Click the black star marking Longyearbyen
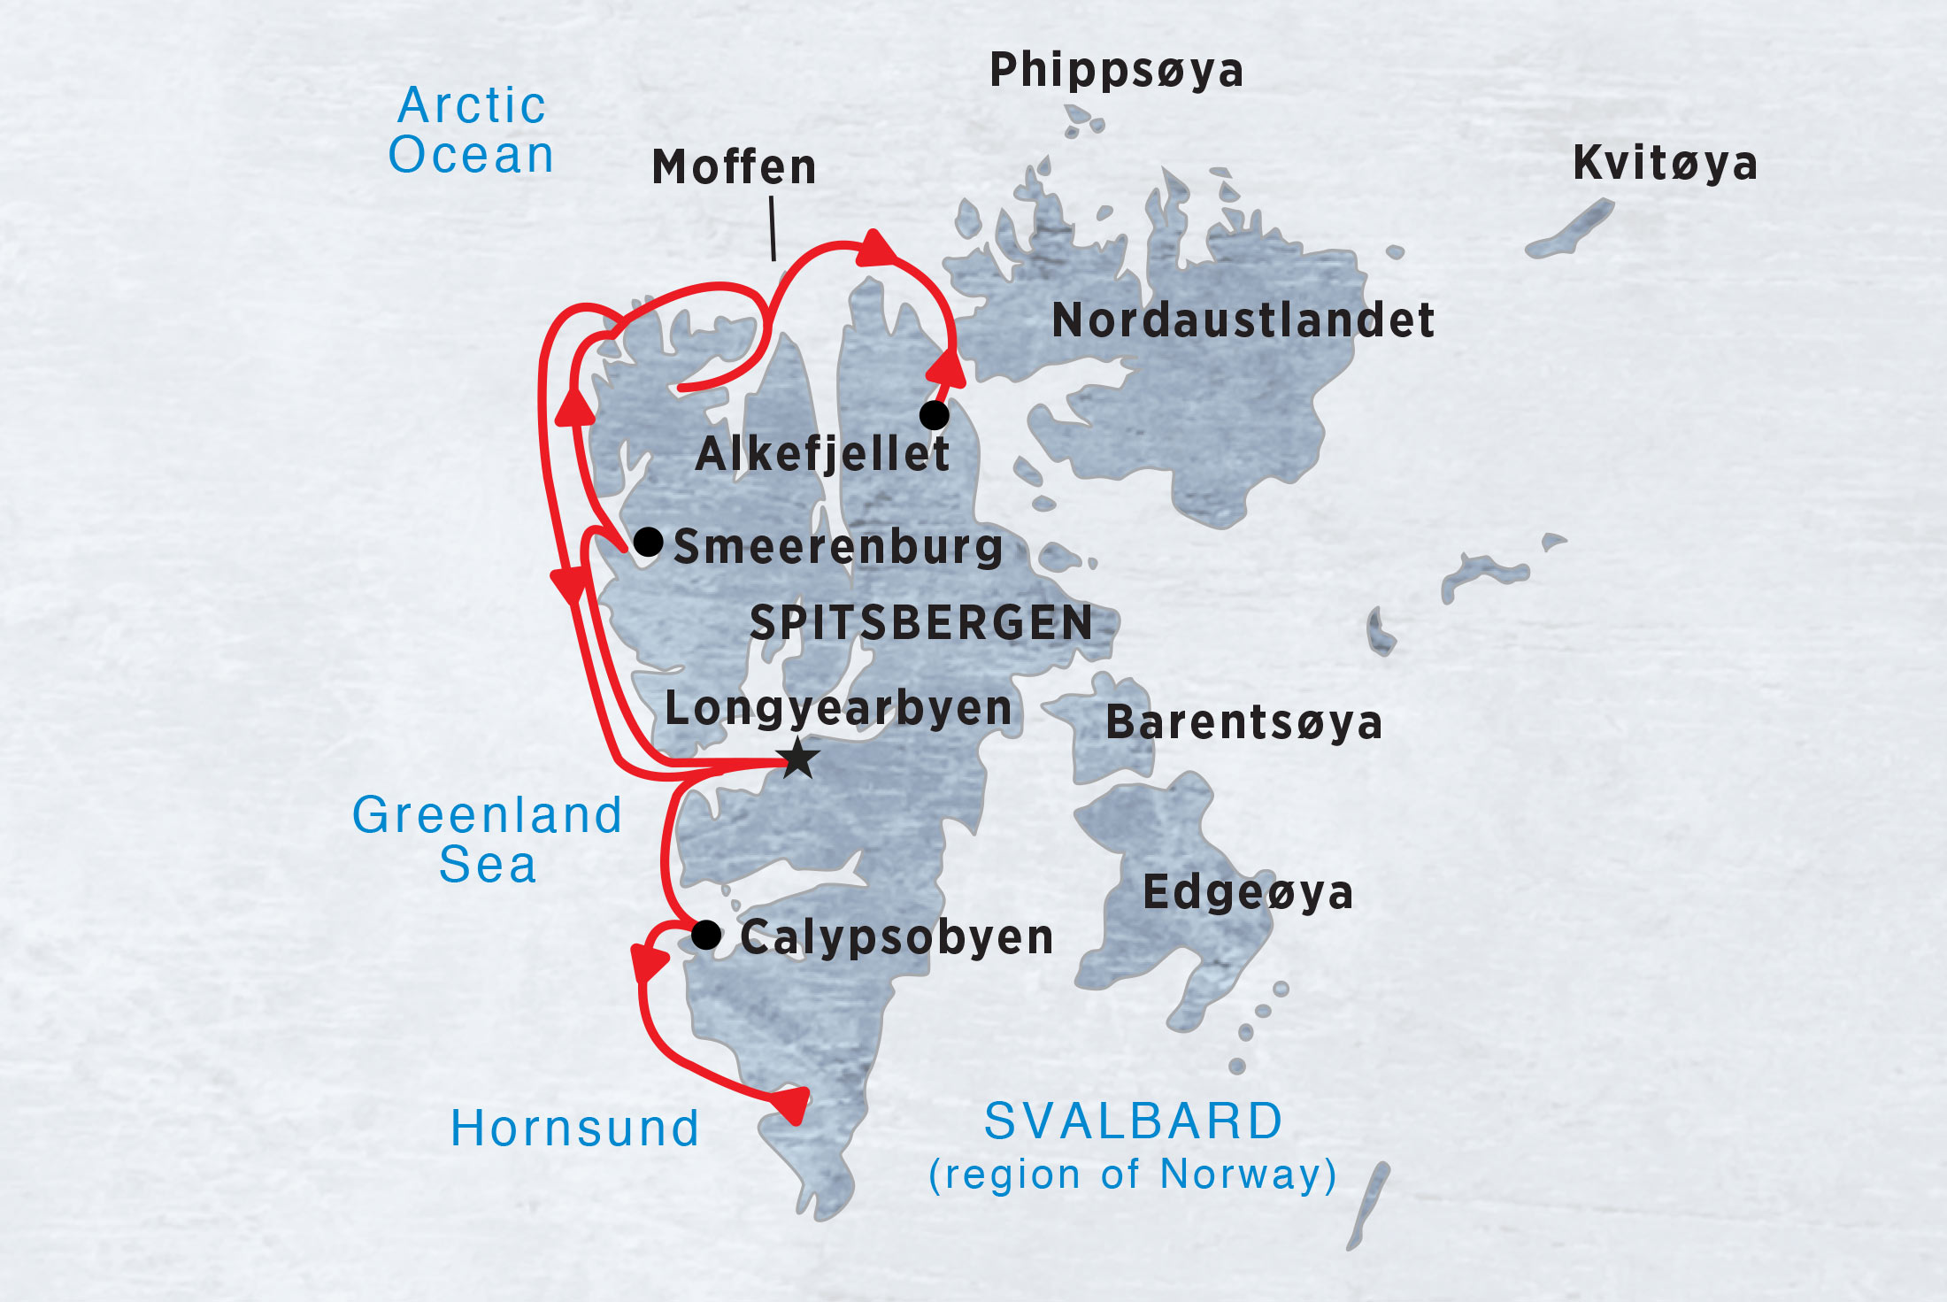[798, 758]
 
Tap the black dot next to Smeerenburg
[648, 541]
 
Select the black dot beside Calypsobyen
[705, 934]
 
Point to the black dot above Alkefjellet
[934, 414]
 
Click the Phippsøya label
[1116, 71]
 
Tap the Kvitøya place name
[1665, 164]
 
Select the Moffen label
[734, 167]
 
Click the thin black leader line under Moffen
[773, 228]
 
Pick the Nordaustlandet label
[1243, 320]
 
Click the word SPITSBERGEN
[921, 622]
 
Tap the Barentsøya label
[1243, 722]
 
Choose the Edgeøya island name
[1248, 892]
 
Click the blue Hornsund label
[575, 1129]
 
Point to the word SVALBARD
[1134, 1121]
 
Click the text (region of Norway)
[1133, 1175]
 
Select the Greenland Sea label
[488, 839]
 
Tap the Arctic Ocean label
[472, 130]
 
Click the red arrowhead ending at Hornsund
[792, 1103]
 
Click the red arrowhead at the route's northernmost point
[875, 248]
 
